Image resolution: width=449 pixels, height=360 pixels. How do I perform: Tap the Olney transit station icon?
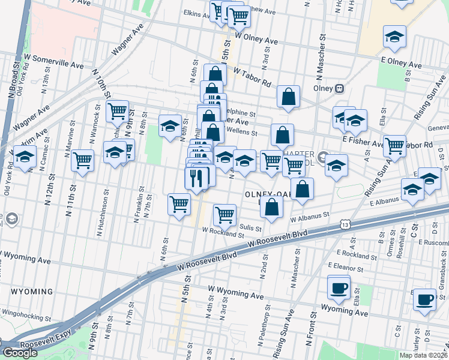(x=339, y=88)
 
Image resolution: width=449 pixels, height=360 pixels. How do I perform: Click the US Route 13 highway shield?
(x=344, y=224)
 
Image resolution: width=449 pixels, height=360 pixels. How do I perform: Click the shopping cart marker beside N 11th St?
(x=82, y=160)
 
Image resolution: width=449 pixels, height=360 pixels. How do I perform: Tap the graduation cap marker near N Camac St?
(x=24, y=158)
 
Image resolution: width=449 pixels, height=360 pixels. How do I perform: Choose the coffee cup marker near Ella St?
(x=339, y=287)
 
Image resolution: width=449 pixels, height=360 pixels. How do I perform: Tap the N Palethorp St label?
(x=262, y=332)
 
